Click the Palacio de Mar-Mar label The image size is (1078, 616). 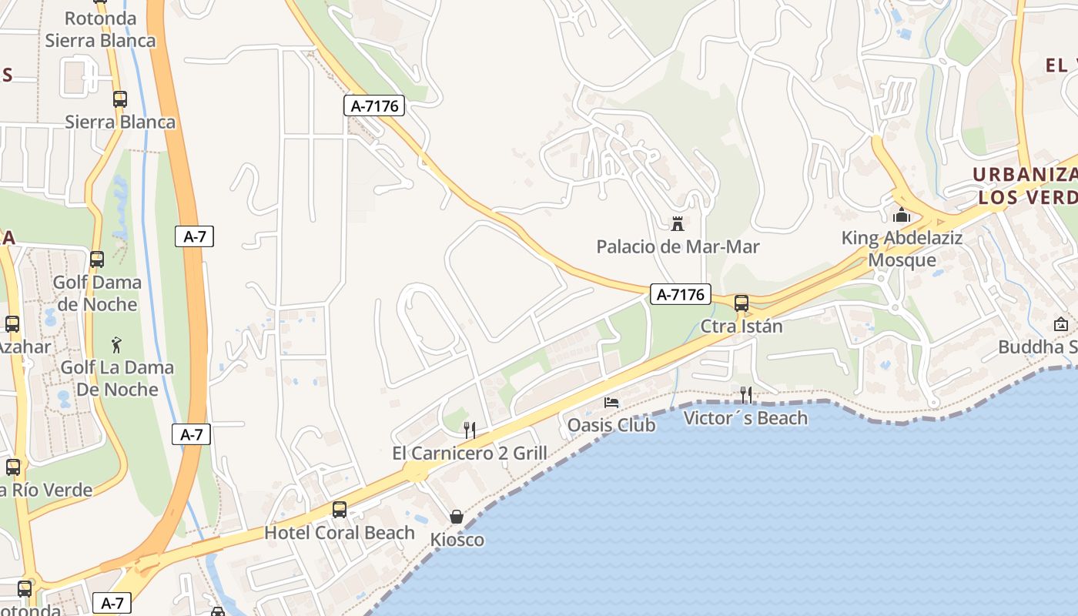click(x=678, y=247)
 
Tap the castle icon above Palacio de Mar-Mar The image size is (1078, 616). click(x=678, y=224)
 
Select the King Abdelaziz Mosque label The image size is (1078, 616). click(x=902, y=249)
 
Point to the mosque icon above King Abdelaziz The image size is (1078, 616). click(x=902, y=215)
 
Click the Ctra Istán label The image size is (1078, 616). click(x=741, y=326)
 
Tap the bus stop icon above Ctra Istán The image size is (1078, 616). click(x=742, y=303)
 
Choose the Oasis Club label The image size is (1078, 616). click(x=611, y=425)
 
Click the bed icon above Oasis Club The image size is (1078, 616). click(x=611, y=403)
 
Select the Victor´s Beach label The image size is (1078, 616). click(x=745, y=418)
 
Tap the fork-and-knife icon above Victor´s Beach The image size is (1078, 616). click(x=745, y=395)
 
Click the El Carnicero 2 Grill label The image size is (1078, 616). click(x=470, y=453)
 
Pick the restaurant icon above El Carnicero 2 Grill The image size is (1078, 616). click(x=470, y=430)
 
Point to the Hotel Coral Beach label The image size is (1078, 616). click(x=340, y=532)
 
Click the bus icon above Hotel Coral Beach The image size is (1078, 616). click(x=340, y=509)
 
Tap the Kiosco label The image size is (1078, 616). click(x=457, y=540)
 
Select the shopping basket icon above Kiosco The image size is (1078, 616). click(x=457, y=517)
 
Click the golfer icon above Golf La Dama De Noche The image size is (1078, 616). click(x=117, y=344)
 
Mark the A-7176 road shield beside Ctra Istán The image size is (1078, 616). click(x=680, y=294)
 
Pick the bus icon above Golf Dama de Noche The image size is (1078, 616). click(x=97, y=259)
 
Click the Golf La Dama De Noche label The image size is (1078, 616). click(x=117, y=378)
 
